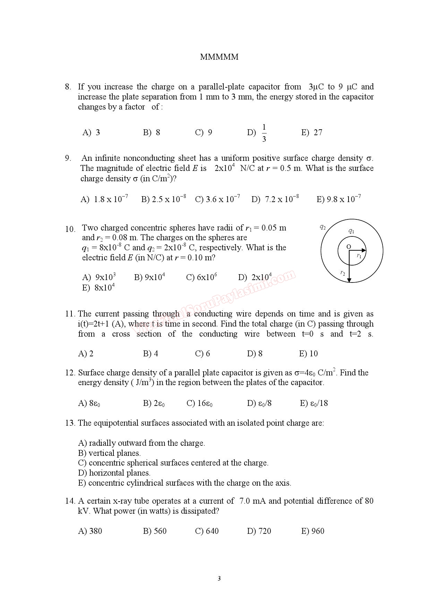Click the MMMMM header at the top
click(219, 57)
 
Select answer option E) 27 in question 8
click(312, 132)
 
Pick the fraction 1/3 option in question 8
click(264, 133)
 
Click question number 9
click(68, 158)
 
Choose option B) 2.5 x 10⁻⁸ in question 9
click(163, 199)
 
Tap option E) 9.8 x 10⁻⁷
click(338, 199)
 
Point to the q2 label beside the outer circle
click(322, 227)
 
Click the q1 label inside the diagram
click(351, 231)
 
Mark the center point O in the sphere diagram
click(349, 246)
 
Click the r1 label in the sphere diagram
click(359, 256)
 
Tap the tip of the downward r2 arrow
click(350, 281)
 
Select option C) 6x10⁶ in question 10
click(201, 277)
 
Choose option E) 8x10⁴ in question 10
click(98, 288)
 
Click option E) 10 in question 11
click(308, 354)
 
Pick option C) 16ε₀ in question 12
click(199, 403)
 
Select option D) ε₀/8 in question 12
click(259, 403)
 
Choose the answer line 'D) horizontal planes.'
click(114, 473)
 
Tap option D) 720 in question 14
click(259, 531)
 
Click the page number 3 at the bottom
click(219, 578)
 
